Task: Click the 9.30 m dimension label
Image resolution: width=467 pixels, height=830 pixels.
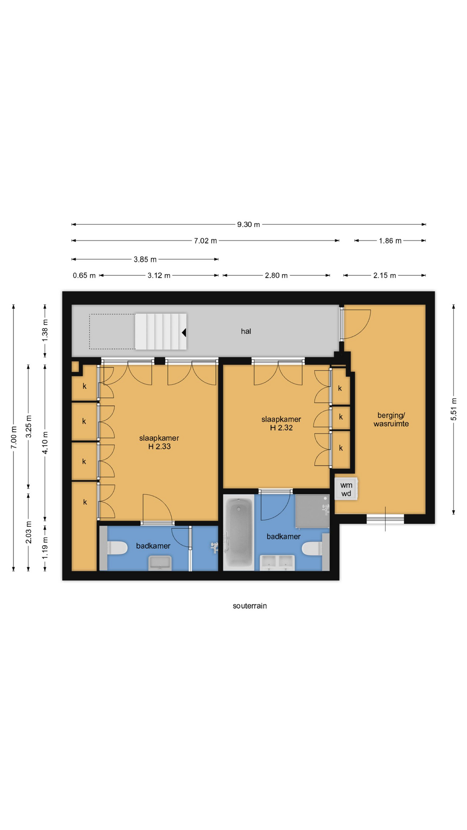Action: [249, 224]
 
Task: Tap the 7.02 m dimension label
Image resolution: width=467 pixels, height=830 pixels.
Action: [205, 241]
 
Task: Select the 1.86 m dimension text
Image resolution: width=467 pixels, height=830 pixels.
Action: [390, 241]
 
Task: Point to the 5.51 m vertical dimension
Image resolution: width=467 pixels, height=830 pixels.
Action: [454, 409]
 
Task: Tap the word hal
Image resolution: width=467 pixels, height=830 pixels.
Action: [246, 331]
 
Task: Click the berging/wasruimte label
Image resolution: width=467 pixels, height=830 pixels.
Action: [391, 419]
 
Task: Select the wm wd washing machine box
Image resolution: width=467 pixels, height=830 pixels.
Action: [346, 489]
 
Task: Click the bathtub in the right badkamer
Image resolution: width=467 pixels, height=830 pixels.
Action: [238, 533]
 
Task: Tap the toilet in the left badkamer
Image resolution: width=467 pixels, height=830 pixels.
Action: [117, 548]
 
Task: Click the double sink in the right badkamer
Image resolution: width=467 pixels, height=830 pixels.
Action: [277, 563]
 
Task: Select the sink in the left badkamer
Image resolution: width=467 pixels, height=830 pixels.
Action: [160, 563]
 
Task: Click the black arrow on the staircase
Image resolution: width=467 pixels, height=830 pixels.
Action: [184, 332]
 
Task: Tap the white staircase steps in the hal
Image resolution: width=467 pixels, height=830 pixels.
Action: [160, 332]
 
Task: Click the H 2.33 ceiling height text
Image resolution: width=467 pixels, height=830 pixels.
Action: [160, 447]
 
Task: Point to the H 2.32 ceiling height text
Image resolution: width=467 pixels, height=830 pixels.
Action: [281, 428]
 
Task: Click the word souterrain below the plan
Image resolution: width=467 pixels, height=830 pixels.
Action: [250, 606]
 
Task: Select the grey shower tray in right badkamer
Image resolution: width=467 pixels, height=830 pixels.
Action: [312, 511]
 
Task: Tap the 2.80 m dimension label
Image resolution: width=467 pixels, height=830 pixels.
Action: [276, 275]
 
